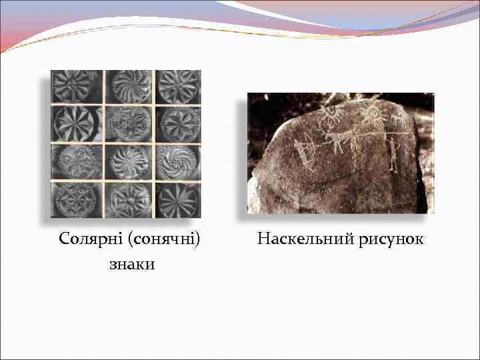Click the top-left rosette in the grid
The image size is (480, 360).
[77, 86]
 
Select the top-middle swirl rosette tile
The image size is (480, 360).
[128, 86]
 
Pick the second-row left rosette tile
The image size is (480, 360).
[77, 123]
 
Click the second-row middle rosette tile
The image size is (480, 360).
[128, 123]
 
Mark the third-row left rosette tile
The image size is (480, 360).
[77, 161]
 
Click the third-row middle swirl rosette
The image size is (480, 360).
[128, 161]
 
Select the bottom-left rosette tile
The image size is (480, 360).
[77, 198]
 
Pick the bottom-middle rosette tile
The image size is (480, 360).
[128, 198]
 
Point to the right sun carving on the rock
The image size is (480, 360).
[375, 117]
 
